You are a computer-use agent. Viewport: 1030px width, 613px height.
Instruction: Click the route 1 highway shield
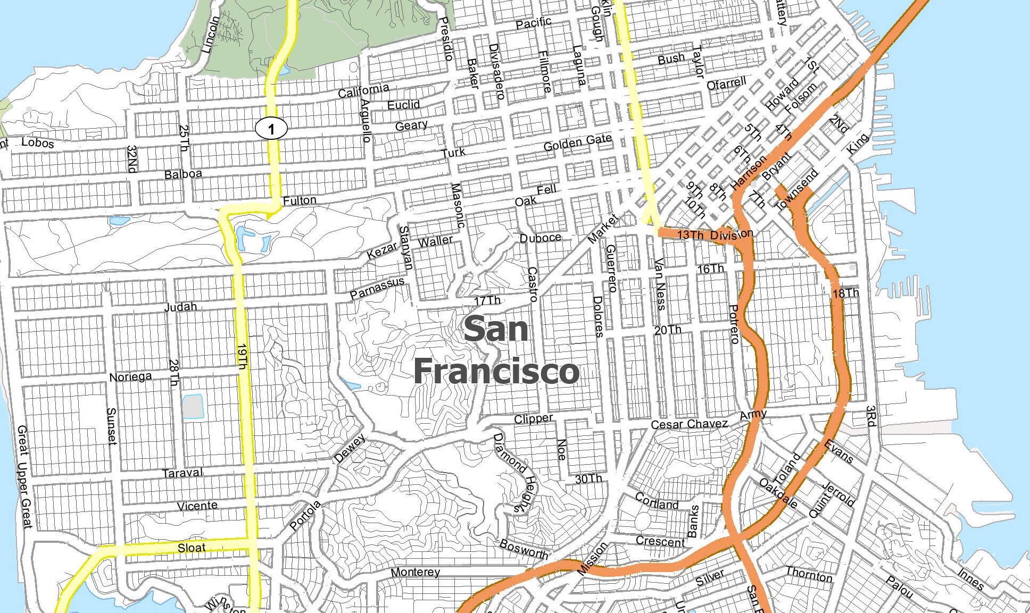point(271,128)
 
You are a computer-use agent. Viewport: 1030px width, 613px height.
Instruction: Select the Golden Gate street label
point(578,142)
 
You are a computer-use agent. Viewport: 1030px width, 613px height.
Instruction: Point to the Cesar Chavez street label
point(690,424)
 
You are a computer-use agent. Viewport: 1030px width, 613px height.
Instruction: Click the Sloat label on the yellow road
point(192,548)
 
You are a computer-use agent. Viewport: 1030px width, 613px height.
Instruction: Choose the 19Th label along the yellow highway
point(243,357)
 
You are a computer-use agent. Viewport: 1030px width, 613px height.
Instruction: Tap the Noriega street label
point(130,377)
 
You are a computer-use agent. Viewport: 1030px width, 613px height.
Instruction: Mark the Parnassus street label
point(377,288)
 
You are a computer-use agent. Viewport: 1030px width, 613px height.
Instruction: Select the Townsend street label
point(796,190)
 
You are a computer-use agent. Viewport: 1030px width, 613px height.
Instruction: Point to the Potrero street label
point(734,324)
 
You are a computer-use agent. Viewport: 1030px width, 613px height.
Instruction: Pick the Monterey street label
point(415,572)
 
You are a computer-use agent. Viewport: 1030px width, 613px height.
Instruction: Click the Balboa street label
point(183,174)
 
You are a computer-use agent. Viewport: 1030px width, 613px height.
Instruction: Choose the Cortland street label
point(657,501)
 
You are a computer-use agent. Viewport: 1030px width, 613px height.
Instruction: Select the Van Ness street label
point(660,284)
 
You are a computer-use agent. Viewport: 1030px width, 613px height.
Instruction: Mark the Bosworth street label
point(524,549)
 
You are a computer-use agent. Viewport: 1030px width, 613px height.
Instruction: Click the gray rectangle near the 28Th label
point(193,407)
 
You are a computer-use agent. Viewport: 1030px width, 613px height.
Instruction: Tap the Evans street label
point(838,451)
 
